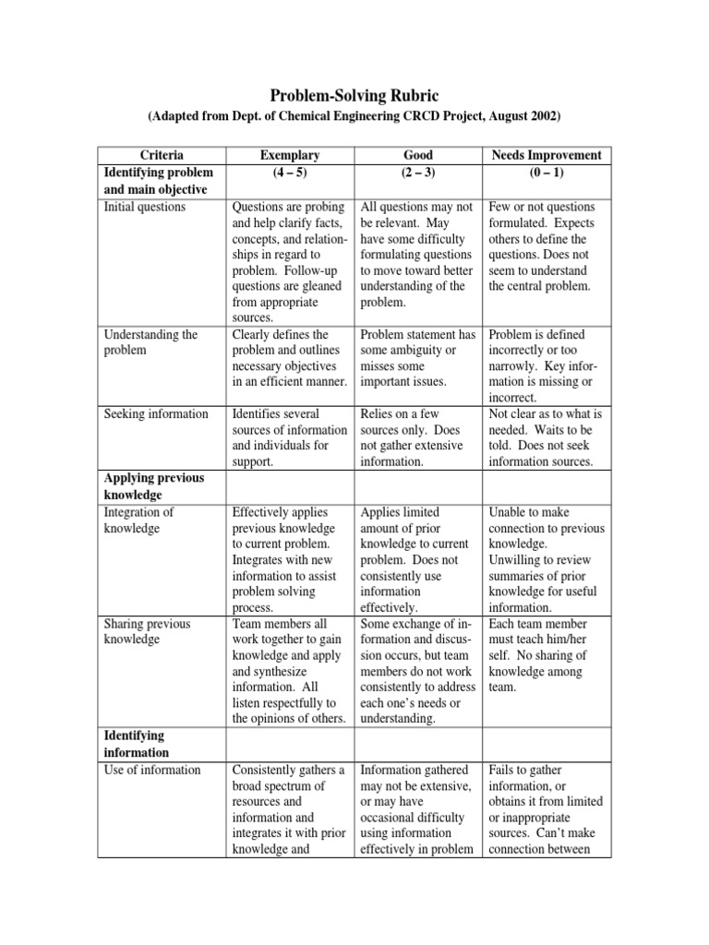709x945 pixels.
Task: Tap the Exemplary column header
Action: click(x=290, y=155)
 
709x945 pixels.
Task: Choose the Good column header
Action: click(x=418, y=155)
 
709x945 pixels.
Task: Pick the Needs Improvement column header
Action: click(x=547, y=155)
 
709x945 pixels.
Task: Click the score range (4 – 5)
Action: click(x=290, y=173)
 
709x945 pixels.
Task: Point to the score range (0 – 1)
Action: click(x=547, y=173)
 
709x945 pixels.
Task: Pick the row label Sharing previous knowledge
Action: click(x=147, y=631)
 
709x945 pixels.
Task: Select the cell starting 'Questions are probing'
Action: click(x=290, y=261)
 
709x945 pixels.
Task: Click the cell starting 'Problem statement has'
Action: click(x=418, y=358)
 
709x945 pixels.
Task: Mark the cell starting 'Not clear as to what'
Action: click(x=547, y=437)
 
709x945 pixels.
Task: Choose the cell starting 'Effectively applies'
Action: click(x=290, y=559)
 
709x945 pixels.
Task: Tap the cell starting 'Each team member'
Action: click(x=547, y=655)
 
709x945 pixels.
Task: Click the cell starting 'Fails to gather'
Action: click(x=547, y=809)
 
